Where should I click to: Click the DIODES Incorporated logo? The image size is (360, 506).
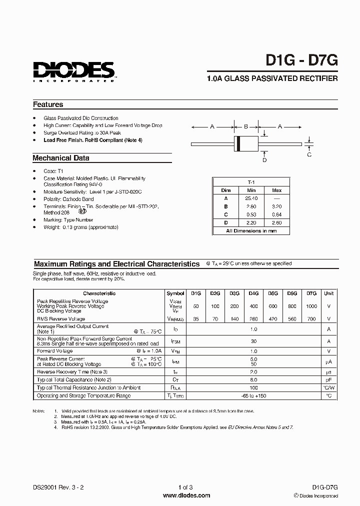[74, 71]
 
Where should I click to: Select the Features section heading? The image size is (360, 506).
[48, 104]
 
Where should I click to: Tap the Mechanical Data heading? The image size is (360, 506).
[61, 158]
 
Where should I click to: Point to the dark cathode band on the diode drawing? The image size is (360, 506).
[239, 144]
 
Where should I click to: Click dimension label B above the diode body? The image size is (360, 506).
[245, 127]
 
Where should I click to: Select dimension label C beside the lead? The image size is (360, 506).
[309, 154]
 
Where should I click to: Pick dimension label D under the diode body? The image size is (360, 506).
[264, 159]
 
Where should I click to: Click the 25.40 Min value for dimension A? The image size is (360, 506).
[251, 198]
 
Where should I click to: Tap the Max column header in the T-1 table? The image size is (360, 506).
[276, 190]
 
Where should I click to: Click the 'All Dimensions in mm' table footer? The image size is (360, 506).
[251, 230]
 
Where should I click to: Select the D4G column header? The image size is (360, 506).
[253, 293]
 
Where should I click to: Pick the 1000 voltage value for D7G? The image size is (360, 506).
[311, 305]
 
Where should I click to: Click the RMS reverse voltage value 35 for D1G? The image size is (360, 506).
[195, 318]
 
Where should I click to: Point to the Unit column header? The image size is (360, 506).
[328, 293]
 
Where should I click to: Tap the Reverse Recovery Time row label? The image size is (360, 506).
[72, 371]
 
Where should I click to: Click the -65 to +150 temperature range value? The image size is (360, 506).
[253, 395]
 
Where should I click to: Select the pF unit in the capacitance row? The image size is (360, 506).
[328, 379]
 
